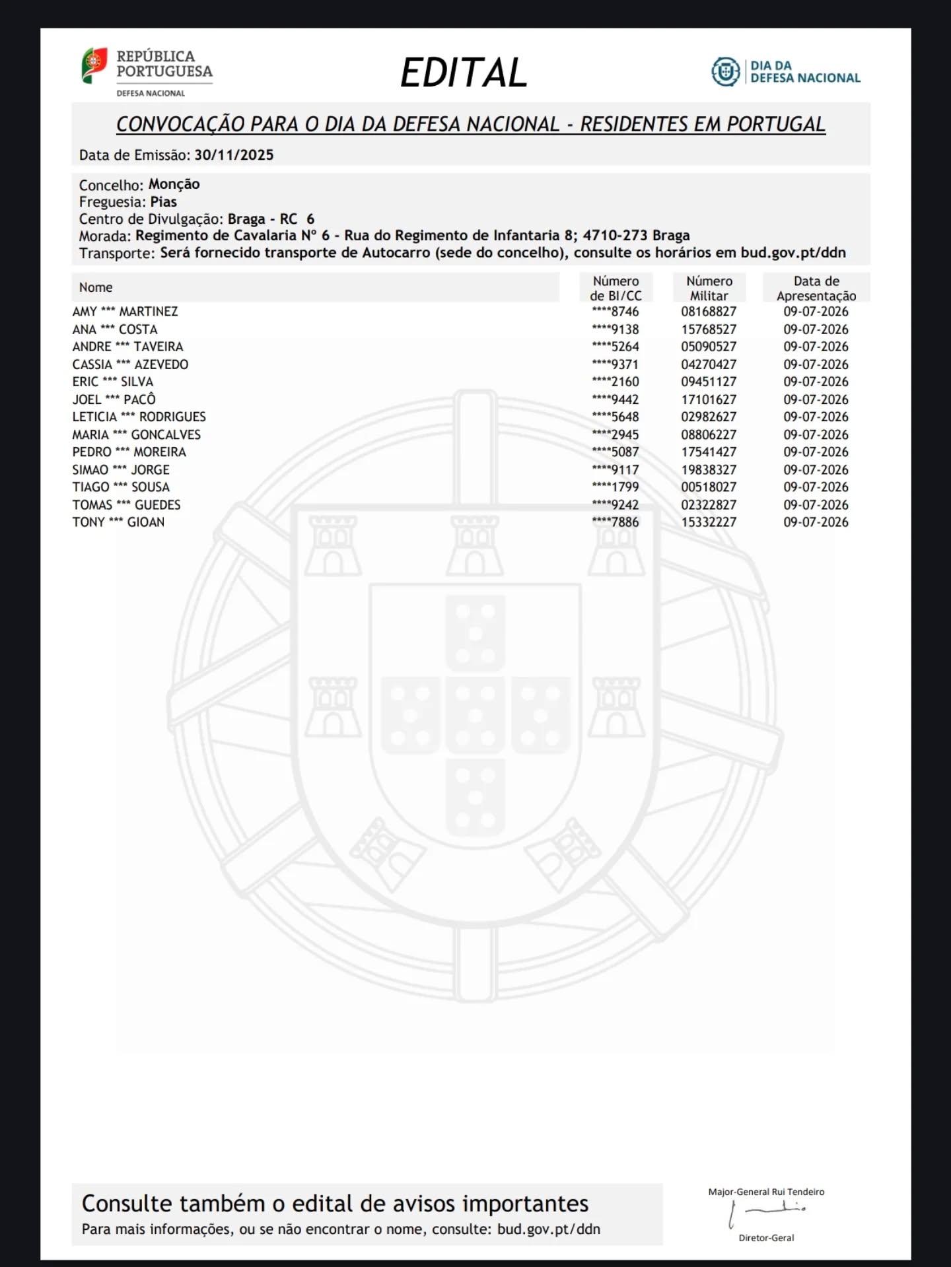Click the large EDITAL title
pyautogui.click(x=464, y=73)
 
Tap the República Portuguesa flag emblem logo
pyautogui.click(x=94, y=65)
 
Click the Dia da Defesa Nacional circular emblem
pyautogui.click(x=726, y=71)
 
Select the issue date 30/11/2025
pyautogui.click(x=234, y=155)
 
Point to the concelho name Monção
pyautogui.click(x=174, y=184)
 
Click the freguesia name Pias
pyautogui.click(x=163, y=202)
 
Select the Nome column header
pyautogui.click(x=96, y=287)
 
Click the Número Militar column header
pyautogui.click(x=709, y=289)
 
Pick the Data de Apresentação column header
pyautogui.click(x=816, y=289)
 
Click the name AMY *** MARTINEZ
pyautogui.click(x=125, y=312)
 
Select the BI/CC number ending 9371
pyautogui.click(x=616, y=364)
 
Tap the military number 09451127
pyautogui.click(x=709, y=382)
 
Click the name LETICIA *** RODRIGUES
pyautogui.click(x=139, y=417)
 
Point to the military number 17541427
pyautogui.click(x=709, y=452)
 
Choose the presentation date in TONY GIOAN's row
pyautogui.click(x=816, y=522)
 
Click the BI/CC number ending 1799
pyautogui.click(x=616, y=487)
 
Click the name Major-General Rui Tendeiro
pyautogui.click(x=766, y=1192)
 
